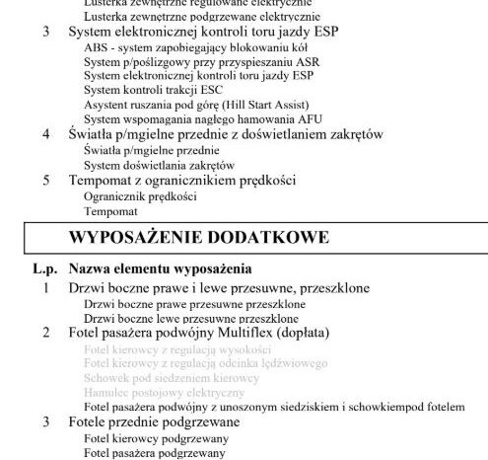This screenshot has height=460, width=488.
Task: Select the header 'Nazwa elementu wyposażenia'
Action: coord(160,268)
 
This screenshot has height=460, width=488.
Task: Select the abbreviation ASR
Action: coord(302,61)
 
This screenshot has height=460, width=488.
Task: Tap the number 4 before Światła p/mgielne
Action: coord(46,133)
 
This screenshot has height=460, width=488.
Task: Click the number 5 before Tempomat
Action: coord(46,181)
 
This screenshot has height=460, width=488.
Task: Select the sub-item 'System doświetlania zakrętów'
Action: coord(160,165)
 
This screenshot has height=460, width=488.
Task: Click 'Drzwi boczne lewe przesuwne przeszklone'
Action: coord(191,319)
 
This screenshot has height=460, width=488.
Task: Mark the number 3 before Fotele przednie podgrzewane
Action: coord(46,422)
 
